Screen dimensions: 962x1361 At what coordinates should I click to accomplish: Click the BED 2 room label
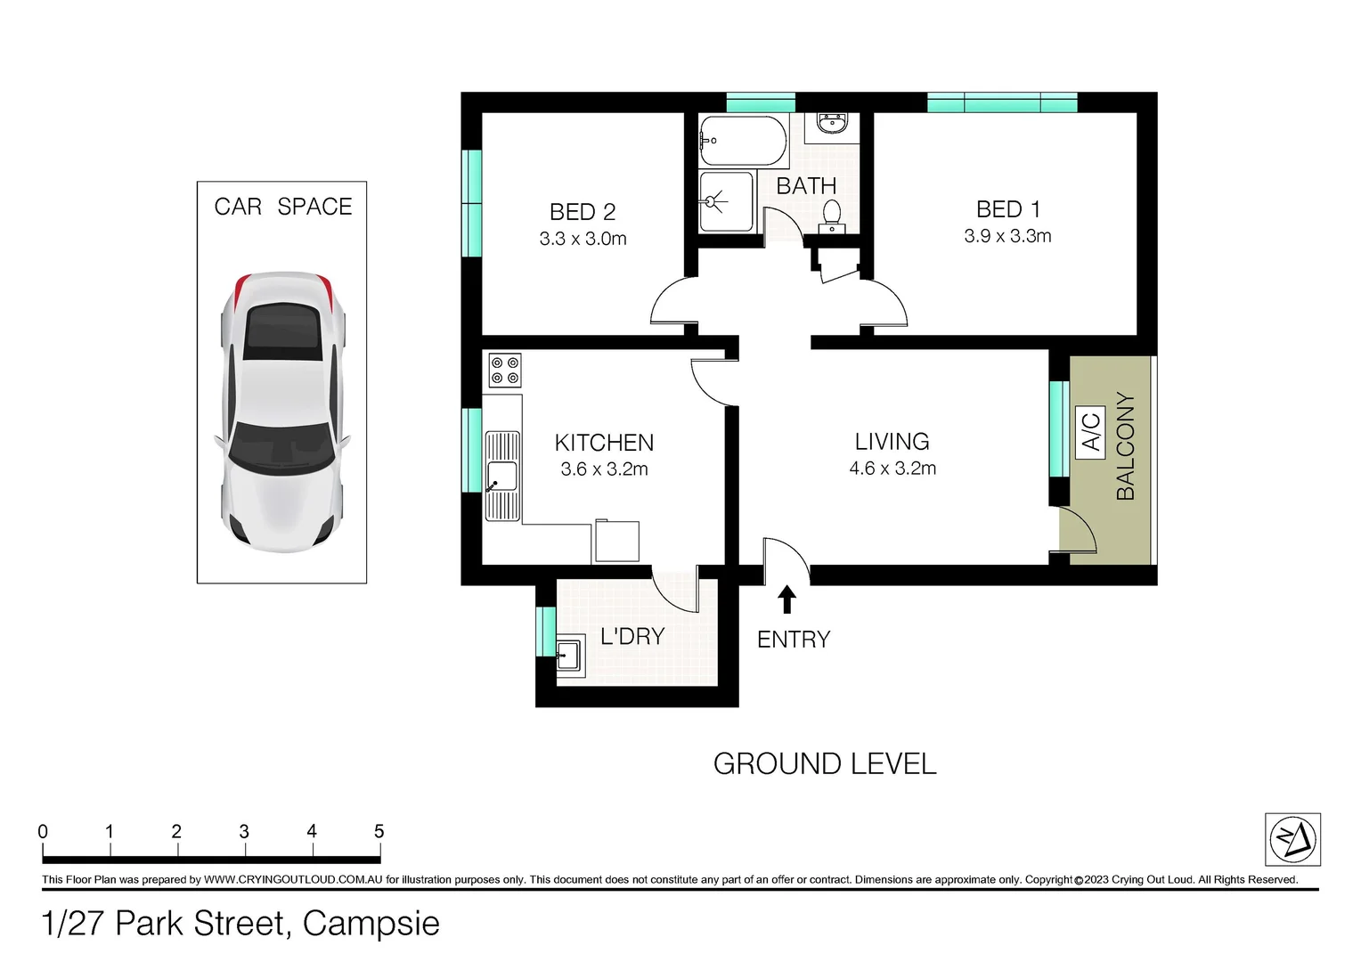pyautogui.click(x=583, y=212)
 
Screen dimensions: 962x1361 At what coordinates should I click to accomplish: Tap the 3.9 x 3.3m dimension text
pyautogui.click(x=1007, y=236)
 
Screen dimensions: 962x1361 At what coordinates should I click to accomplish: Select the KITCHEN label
pyautogui.click(x=604, y=443)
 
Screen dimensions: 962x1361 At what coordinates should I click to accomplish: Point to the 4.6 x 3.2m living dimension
pyautogui.click(x=892, y=469)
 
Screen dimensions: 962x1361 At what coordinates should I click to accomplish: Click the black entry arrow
pyautogui.click(x=786, y=599)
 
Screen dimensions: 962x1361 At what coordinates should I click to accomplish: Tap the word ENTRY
pyautogui.click(x=794, y=640)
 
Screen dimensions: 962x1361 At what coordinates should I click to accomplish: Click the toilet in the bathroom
pyautogui.click(x=831, y=215)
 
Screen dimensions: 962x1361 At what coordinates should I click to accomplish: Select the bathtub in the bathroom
pyautogui.click(x=743, y=141)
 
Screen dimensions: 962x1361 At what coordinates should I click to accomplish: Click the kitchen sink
pyautogui.click(x=502, y=476)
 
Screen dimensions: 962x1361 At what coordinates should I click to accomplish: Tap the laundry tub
pyautogui.click(x=568, y=656)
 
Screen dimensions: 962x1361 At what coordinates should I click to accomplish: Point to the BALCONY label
pyautogui.click(x=1126, y=446)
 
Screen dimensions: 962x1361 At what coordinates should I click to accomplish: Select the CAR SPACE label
pyautogui.click(x=282, y=207)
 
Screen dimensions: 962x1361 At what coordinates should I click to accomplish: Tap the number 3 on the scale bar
pyautogui.click(x=244, y=832)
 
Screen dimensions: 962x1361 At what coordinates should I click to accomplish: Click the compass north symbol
pyautogui.click(x=1292, y=839)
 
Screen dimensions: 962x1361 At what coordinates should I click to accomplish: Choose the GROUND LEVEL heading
pyautogui.click(x=825, y=764)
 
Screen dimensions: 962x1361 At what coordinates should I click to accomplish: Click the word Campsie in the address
pyautogui.click(x=371, y=924)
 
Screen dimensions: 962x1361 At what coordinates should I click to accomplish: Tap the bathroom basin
pyautogui.click(x=831, y=124)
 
